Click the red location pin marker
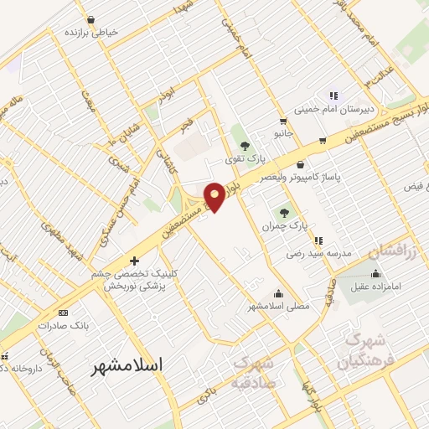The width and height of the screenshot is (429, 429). tap(214, 196)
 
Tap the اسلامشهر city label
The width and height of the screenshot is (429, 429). tap(127, 365)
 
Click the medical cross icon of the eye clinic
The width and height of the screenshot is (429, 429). tap(134, 261)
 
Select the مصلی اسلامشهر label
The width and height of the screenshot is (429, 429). tap(277, 307)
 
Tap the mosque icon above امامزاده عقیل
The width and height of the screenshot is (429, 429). tap(375, 274)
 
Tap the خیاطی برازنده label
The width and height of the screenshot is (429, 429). tap(91, 32)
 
